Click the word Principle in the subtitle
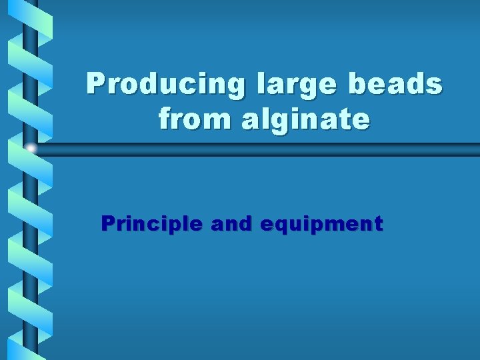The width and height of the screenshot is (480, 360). (151, 224)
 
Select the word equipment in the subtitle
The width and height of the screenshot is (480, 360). (322, 225)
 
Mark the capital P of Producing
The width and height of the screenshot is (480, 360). (97, 85)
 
